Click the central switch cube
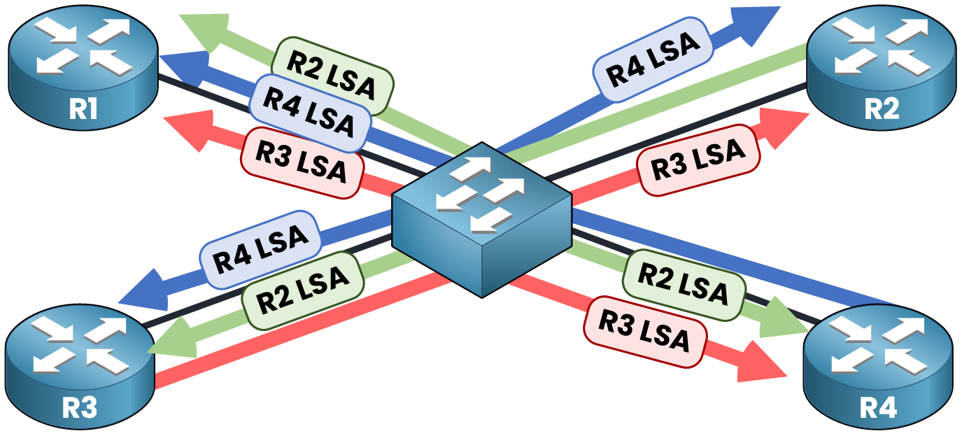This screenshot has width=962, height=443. [482, 217]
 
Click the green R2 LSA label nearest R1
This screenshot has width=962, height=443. [332, 76]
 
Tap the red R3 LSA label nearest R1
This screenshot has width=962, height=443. [302, 162]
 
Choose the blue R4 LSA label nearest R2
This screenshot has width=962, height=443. [653, 62]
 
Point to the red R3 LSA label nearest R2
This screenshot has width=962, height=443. [698, 160]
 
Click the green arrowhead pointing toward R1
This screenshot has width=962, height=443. [205, 31]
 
